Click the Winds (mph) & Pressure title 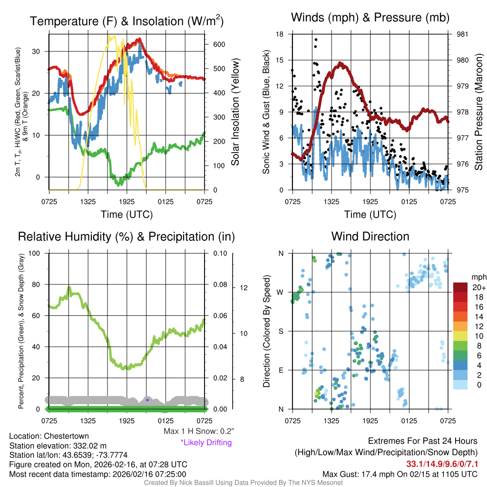(x=370, y=18)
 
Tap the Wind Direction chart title (x=370, y=236)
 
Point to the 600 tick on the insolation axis (x=219, y=44)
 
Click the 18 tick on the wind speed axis (x=280, y=34)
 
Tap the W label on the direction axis (x=281, y=292)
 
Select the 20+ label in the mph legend (x=478, y=287)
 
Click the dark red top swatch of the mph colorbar (x=460, y=287)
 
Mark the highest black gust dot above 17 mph (x=315, y=39)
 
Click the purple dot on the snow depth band (x=147, y=400)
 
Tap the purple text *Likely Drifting (x=206, y=443)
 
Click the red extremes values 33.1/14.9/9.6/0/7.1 (x=442, y=464)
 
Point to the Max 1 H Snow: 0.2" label (x=199, y=432)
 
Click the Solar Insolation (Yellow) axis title (x=235, y=112)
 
